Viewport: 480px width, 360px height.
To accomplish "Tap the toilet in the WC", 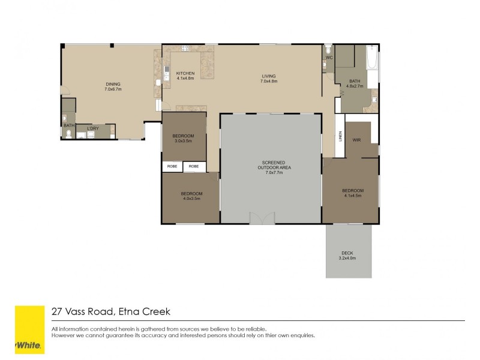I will click(328, 48).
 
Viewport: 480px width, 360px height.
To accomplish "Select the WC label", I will click(329, 58).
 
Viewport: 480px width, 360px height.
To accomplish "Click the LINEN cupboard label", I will click(339, 137).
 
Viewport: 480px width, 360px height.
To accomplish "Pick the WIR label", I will click(356, 140).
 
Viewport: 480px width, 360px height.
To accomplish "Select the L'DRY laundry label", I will click(92, 128).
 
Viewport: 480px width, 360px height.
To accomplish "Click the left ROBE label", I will click(172, 166).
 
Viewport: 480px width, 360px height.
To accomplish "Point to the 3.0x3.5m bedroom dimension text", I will click(183, 141).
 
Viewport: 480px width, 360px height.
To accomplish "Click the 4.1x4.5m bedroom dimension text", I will click(353, 195).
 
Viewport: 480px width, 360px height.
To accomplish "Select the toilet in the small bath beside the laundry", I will click(69, 134).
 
